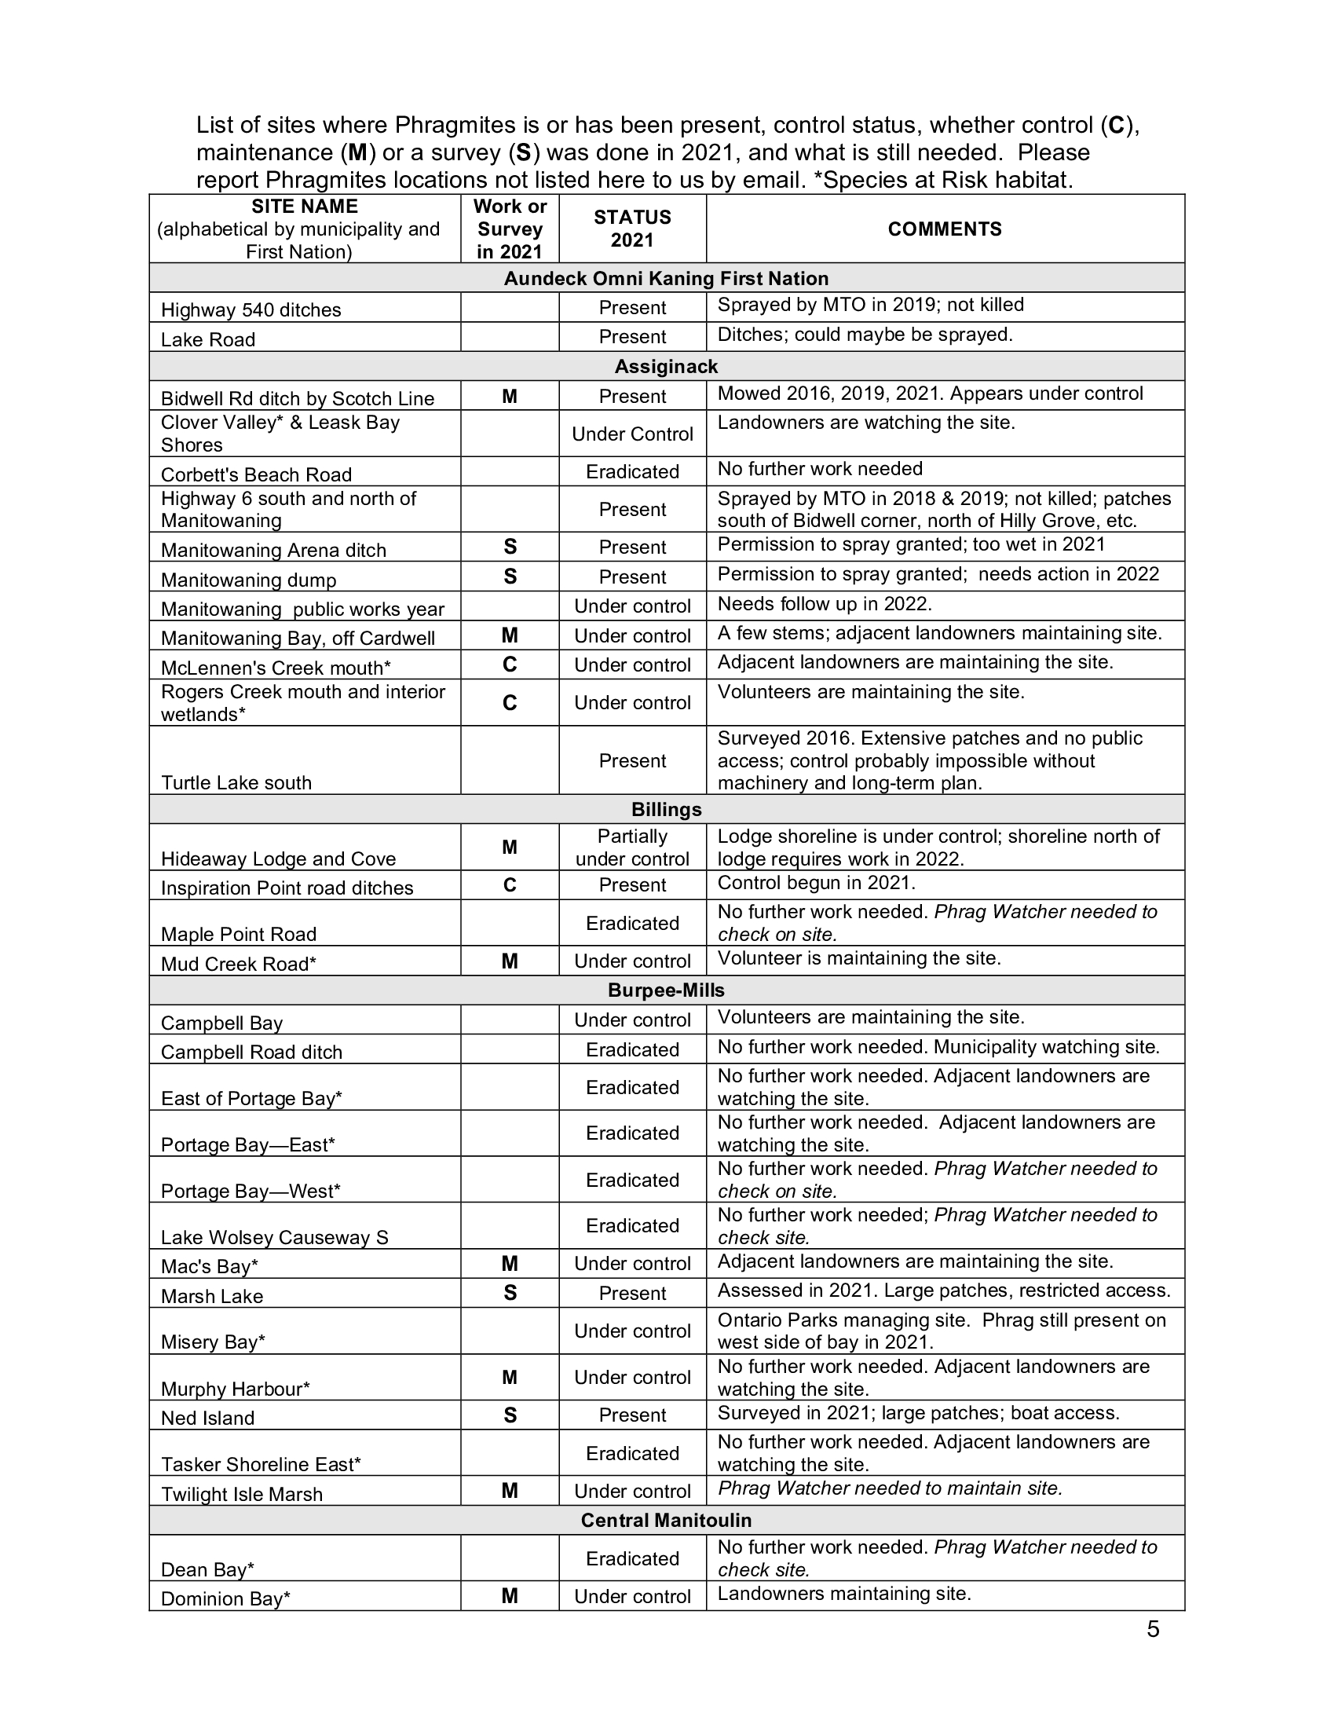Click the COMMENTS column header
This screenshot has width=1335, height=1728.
[944, 229]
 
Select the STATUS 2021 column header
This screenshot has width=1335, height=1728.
[632, 229]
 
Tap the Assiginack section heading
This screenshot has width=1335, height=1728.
[666, 366]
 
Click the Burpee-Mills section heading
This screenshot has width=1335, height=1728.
[666, 990]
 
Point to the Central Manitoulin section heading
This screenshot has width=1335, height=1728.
[666, 1520]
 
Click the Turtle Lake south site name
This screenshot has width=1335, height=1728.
[236, 782]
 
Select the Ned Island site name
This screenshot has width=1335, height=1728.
[208, 1418]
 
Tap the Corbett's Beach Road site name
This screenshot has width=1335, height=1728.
[256, 474]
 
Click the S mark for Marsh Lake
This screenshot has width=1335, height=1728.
[510, 1293]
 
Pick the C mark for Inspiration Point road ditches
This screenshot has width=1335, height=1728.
[510, 884]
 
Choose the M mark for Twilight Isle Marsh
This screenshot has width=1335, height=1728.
[510, 1491]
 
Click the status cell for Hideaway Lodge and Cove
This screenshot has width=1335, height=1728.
[632, 848]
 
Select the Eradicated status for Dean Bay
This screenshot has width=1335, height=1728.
[632, 1558]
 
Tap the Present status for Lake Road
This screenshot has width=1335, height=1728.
[632, 337]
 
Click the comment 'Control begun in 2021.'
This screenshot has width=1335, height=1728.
[816, 883]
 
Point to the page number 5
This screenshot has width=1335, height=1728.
[1153, 1629]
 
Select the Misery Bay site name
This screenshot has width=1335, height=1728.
[213, 1342]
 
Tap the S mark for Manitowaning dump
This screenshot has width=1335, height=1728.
[510, 577]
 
